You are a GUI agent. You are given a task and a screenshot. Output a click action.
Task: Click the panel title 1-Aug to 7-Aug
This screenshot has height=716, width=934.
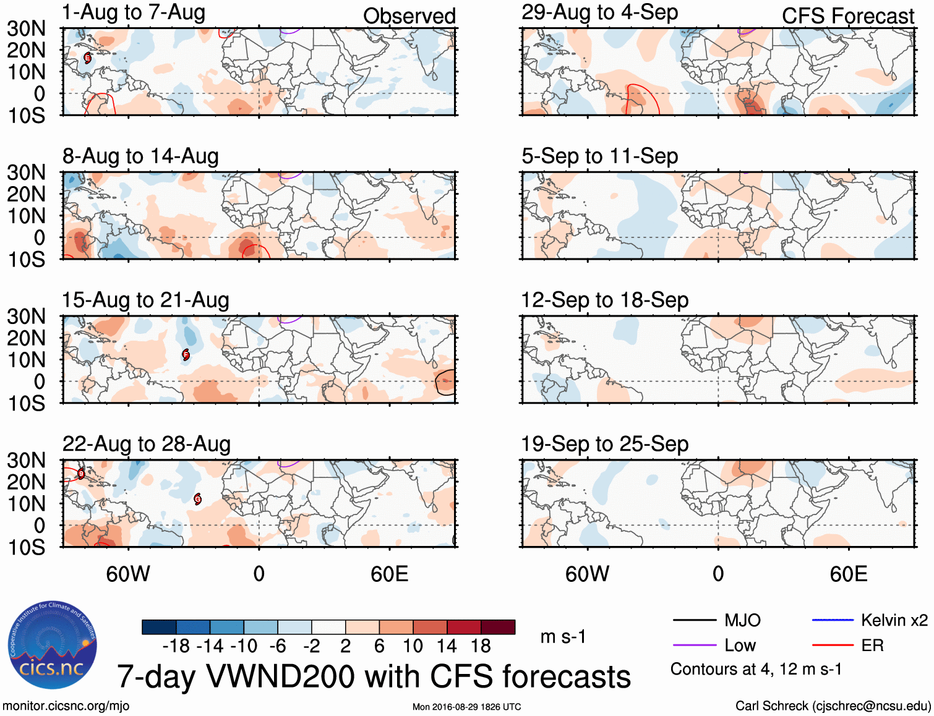tap(134, 13)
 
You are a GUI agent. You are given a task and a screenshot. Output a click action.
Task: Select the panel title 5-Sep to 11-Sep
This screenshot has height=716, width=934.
tap(599, 156)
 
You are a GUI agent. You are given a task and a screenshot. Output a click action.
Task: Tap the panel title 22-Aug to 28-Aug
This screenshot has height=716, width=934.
tap(147, 444)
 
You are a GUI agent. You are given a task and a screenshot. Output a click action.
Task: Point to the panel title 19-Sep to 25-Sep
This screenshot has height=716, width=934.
tap(604, 444)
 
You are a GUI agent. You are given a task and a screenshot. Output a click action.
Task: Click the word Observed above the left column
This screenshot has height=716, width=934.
tap(409, 16)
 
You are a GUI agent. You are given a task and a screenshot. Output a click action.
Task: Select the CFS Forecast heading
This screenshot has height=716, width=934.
tap(847, 16)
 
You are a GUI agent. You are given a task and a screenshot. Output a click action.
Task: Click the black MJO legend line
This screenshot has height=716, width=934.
tap(695, 620)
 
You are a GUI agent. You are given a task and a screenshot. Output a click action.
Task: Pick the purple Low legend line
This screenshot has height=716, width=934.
tap(695, 646)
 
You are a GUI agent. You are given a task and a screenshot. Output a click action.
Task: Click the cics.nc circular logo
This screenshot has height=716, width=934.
tap(53, 646)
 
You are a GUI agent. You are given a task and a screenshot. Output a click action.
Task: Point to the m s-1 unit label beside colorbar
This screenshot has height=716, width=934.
tap(563, 637)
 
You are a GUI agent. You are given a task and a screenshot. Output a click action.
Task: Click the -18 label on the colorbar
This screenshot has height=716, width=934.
tap(176, 646)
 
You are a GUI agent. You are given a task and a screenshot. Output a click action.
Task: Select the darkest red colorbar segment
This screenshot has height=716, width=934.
tap(498, 627)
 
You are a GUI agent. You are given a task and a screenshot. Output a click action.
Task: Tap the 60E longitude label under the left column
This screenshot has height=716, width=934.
tap(389, 574)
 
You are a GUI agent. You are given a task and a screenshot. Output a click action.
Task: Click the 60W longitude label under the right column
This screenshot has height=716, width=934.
tap(587, 574)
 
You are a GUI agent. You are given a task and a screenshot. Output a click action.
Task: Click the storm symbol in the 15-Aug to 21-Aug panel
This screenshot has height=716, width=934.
tap(186, 354)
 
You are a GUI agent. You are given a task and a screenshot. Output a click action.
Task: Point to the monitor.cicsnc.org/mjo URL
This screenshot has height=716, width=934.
tap(66, 706)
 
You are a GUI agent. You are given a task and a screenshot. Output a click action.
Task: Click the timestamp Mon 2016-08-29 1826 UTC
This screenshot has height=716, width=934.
tap(466, 707)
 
